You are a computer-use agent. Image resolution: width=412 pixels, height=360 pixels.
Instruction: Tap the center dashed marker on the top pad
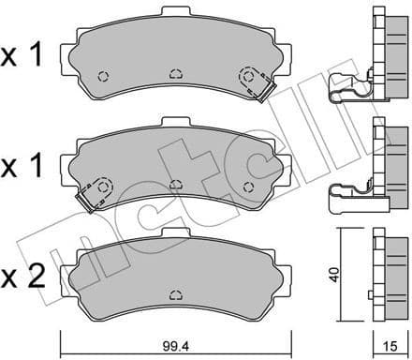(x=175, y=72)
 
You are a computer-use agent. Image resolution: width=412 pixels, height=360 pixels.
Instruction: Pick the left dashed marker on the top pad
(x=104, y=77)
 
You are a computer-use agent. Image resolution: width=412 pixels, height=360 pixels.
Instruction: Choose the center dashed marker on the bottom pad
(x=175, y=294)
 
